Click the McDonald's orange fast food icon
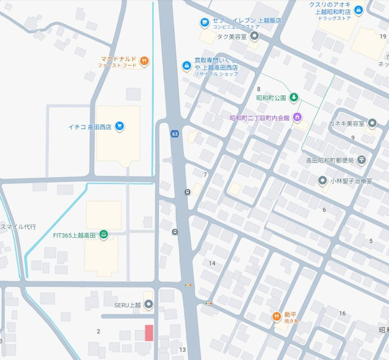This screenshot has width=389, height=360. pos(144,61)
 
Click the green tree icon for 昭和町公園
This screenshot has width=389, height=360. pos(294,98)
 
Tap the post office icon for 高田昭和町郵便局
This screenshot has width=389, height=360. pos(361,160)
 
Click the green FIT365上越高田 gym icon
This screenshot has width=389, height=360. pos(104,235)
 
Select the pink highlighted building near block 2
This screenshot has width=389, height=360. pos(149,333)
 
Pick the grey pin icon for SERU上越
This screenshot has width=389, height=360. pos(149,304)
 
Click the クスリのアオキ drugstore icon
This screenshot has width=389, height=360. pos(358,12)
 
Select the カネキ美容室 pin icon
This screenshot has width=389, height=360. pos(371,123)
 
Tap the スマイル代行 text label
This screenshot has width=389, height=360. pos(18,227)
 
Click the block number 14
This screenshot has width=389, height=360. pos(212,263)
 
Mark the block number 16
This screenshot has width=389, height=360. pos(342,313)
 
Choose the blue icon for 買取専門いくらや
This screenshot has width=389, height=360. pos(187,66)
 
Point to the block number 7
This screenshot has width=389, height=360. pos(205,175)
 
